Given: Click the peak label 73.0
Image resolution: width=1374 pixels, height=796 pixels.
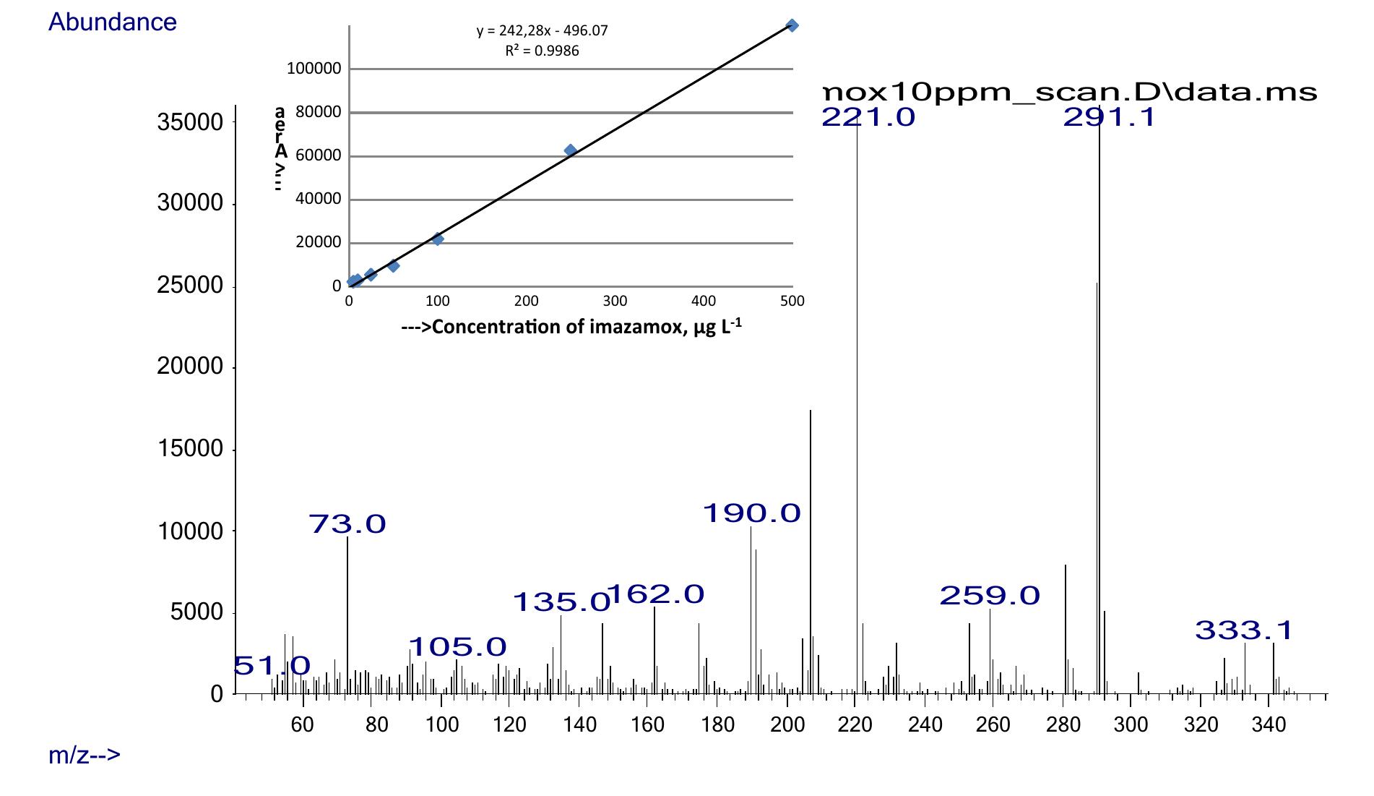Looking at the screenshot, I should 347,523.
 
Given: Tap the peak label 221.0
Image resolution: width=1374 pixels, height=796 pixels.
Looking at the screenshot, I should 868,117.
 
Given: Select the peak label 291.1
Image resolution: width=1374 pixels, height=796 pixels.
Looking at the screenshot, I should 1109,117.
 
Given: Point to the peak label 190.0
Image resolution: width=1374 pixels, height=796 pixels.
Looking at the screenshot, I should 751,513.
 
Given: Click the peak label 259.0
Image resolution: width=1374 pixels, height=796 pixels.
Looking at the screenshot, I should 989,596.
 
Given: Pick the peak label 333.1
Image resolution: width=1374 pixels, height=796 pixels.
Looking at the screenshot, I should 1243,630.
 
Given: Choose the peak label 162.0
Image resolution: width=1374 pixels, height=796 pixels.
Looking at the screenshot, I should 656,594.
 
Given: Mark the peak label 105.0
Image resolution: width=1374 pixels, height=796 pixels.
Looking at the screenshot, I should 457,646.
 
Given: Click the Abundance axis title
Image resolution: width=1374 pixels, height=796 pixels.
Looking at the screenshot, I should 113,22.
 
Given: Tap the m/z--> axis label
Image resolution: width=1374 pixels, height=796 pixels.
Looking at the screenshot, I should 85,756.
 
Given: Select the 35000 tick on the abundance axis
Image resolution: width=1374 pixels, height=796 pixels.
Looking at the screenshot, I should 190,123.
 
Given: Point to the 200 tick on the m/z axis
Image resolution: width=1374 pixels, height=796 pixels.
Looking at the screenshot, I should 787,724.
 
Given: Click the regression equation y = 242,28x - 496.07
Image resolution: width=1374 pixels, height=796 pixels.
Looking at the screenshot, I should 542,31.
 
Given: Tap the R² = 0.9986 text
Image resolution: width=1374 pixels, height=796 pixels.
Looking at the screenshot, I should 542,51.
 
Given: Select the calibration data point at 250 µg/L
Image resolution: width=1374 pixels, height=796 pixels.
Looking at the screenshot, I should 570,150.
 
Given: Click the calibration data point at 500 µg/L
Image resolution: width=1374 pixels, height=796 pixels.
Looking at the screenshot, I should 792,26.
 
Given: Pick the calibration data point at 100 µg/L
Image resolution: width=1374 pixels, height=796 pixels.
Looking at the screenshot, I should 437,239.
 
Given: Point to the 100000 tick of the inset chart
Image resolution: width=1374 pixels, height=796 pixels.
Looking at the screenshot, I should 314,69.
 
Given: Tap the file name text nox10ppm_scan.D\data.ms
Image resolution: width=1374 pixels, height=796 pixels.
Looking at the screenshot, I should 1070,93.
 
